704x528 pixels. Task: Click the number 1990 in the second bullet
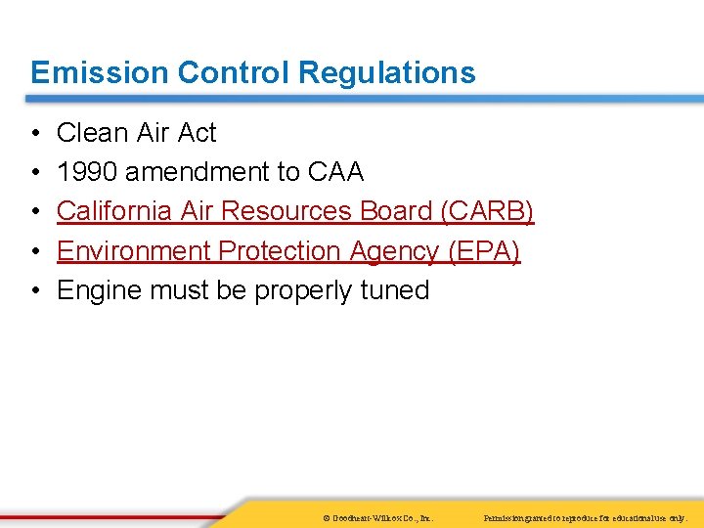click(87, 172)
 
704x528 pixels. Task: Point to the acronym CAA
click(335, 172)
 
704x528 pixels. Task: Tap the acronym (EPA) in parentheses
click(484, 251)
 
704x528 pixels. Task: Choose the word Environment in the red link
click(134, 251)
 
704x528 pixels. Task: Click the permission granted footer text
click(593, 516)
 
